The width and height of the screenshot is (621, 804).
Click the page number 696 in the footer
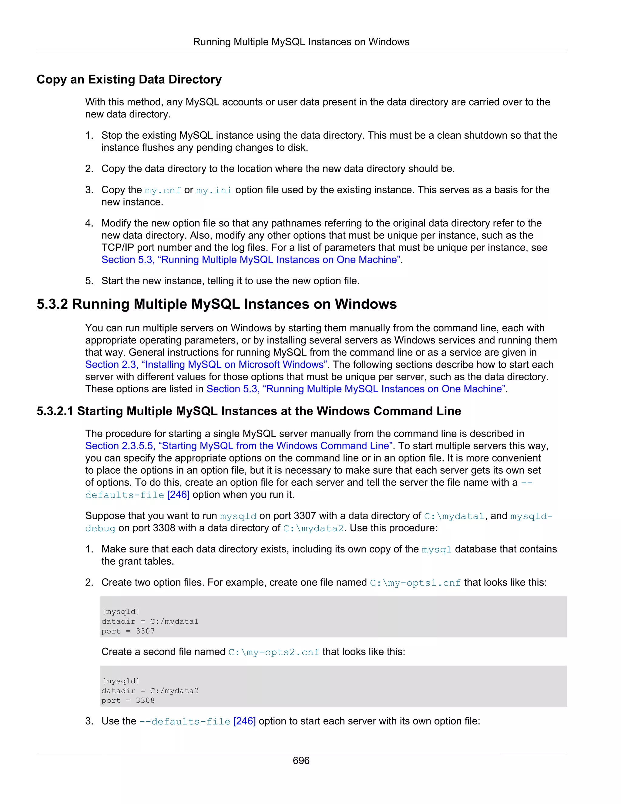tap(301, 760)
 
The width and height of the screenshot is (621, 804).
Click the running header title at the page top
tap(301, 42)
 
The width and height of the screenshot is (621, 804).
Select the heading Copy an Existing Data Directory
tap(129, 79)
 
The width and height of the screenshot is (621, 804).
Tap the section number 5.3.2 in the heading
tap(52, 304)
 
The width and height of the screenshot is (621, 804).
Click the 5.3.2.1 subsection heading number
tap(55, 411)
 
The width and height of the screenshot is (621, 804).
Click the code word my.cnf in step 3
tap(163, 190)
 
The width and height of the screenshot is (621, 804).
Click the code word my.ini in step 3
tap(214, 190)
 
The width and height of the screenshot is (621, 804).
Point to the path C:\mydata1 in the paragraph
tap(454, 516)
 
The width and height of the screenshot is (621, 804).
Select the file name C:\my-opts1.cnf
tap(415, 583)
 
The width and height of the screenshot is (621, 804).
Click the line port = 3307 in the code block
tap(128, 631)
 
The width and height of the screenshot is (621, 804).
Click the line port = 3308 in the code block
tap(128, 700)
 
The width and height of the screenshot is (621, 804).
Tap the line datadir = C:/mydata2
tap(150, 691)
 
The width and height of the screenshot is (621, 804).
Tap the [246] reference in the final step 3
tap(244, 721)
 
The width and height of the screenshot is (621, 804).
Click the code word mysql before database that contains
tap(436, 550)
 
